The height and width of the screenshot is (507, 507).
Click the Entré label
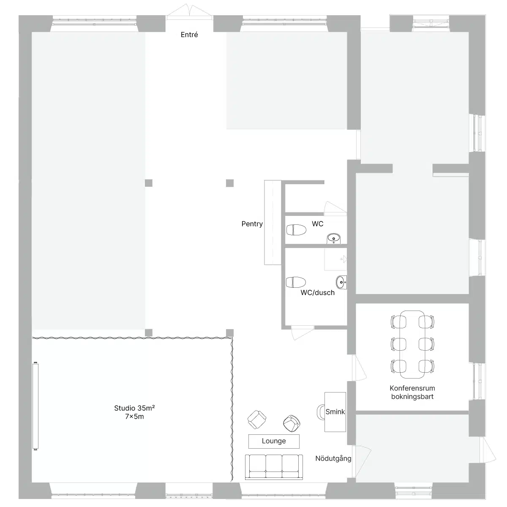189,35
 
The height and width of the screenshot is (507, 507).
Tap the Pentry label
252,224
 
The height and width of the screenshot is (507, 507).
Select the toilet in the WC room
296,230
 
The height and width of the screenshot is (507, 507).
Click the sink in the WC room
334,238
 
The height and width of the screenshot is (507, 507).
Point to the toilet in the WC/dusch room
296,282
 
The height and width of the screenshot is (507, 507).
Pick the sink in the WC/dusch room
341,282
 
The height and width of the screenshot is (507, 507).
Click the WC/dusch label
318,292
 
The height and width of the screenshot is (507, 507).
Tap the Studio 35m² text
134,408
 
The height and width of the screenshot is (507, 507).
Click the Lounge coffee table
274,441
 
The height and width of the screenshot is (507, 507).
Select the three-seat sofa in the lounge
274,467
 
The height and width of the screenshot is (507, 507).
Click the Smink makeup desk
335,412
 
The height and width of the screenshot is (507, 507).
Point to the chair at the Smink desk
321,412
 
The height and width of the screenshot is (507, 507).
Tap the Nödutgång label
333,458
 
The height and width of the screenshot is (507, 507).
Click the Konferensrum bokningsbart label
412,392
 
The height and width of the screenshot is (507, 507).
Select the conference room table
412,344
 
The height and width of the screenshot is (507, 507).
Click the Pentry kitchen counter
273,222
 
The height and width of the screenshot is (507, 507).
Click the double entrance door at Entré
189,12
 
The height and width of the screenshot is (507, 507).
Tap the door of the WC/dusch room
302,333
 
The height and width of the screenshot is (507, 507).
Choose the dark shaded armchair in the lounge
292,423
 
